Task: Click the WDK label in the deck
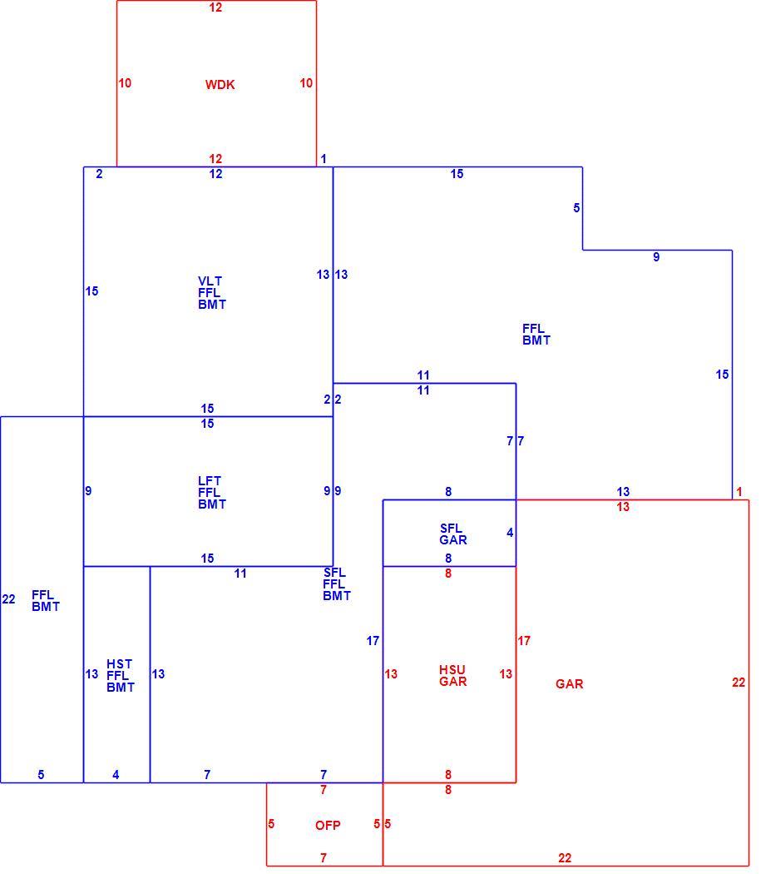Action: point(220,85)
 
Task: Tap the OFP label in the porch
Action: point(328,826)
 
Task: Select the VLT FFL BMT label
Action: point(212,293)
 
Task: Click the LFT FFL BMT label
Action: point(212,492)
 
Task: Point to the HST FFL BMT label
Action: point(121,676)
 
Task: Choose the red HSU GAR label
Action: point(453,676)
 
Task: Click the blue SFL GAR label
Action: point(453,534)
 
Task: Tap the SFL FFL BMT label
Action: point(337,584)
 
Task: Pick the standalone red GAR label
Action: point(570,684)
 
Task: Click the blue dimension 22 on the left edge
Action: point(9,599)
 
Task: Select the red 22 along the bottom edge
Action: point(565,858)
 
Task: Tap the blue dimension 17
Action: point(373,641)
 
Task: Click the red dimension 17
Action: point(524,641)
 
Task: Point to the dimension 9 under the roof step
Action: point(656,257)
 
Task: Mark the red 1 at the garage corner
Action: point(739,492)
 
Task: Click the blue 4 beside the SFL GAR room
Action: point(510,533)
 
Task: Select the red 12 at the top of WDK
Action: point(215,7)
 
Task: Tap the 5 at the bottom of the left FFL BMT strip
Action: point(41,775)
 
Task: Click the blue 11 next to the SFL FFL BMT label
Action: point(240,574)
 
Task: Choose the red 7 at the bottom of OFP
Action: point(324,858)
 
